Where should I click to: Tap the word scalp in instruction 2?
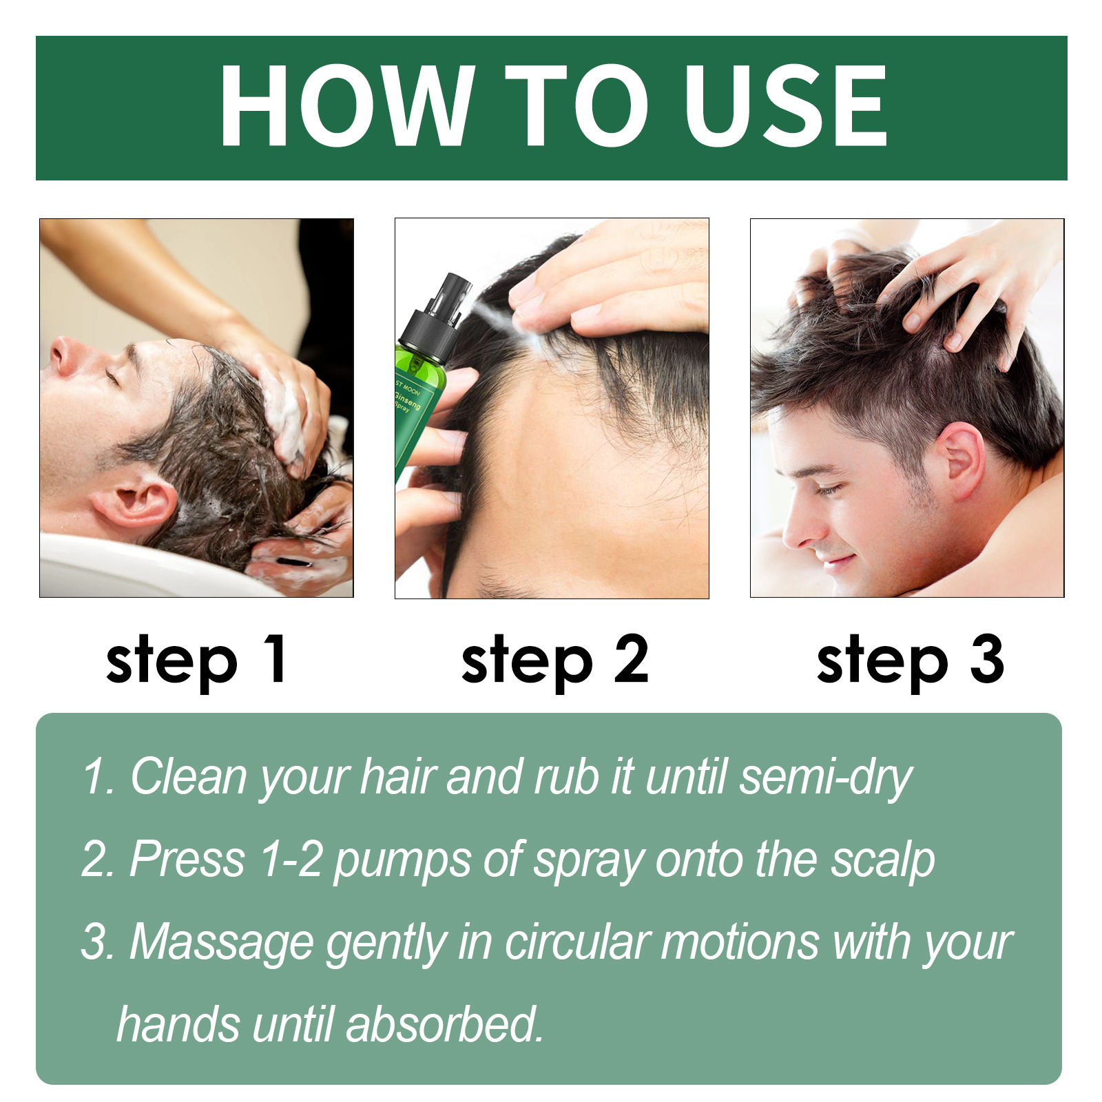pos(882,861)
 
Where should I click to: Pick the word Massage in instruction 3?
pos(221,942)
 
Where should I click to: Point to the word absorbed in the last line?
pos(444,1025)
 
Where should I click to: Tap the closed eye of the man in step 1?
pos(112,377)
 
